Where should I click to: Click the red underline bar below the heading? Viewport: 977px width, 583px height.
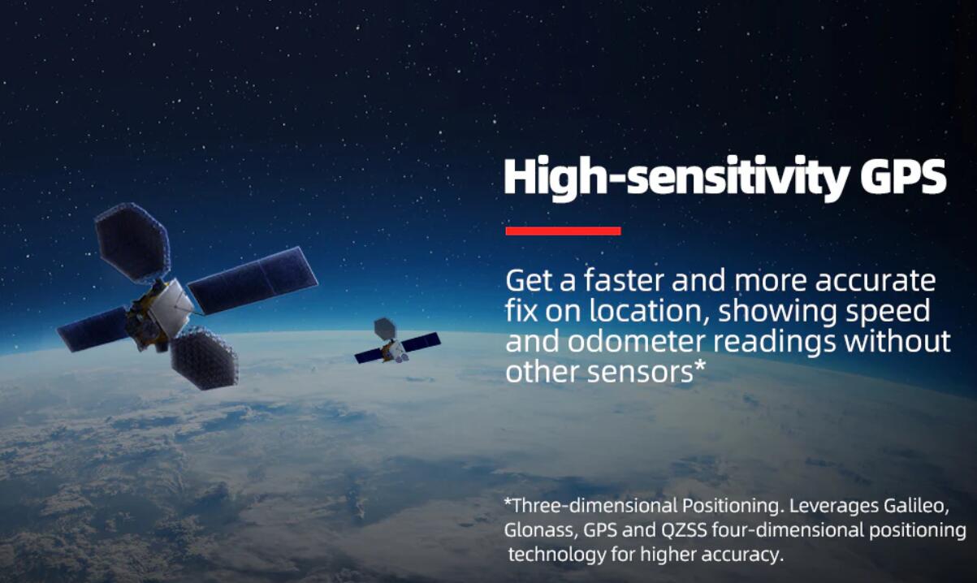tap(563, 231)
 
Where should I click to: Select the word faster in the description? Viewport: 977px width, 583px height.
tap(624, 280)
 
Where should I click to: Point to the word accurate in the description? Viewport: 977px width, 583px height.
tap(875, 281)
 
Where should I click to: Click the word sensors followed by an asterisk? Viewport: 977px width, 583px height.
tap(646, 372)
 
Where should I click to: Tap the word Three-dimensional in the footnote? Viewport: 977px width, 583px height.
tap(590, 506)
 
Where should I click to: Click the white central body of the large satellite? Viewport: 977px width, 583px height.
tap(170, 302)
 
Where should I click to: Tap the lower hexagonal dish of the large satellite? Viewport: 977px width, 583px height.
tap(204, 358)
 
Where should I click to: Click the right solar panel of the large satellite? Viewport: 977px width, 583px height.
tap(253, 279)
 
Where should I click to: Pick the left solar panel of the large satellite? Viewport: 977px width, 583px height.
tap(93, 329)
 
